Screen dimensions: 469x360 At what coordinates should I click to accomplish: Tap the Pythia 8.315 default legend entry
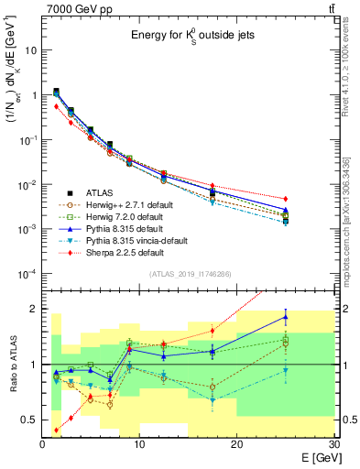123,228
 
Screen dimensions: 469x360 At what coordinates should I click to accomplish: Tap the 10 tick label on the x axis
139,444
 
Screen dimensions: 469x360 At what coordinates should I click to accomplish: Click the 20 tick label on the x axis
236,444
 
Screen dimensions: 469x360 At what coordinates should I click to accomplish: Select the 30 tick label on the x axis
333,444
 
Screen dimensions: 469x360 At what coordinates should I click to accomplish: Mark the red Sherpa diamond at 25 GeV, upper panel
285,199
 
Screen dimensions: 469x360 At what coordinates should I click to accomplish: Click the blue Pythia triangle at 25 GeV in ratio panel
285,317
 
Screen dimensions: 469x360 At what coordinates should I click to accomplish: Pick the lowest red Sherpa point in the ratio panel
57,430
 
